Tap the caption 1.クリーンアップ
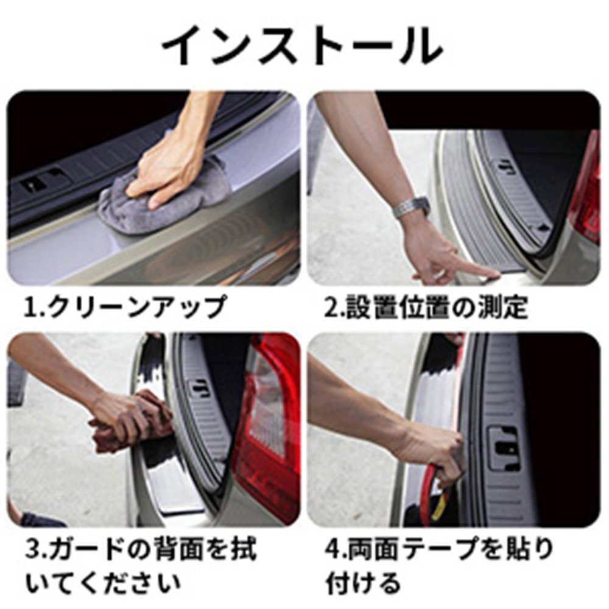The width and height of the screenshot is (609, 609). coord(125,307)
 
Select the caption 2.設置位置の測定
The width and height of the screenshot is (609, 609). coord(426,306)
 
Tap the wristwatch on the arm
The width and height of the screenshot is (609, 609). coord(411,206)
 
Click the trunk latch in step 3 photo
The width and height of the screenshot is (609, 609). coord(200,389)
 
